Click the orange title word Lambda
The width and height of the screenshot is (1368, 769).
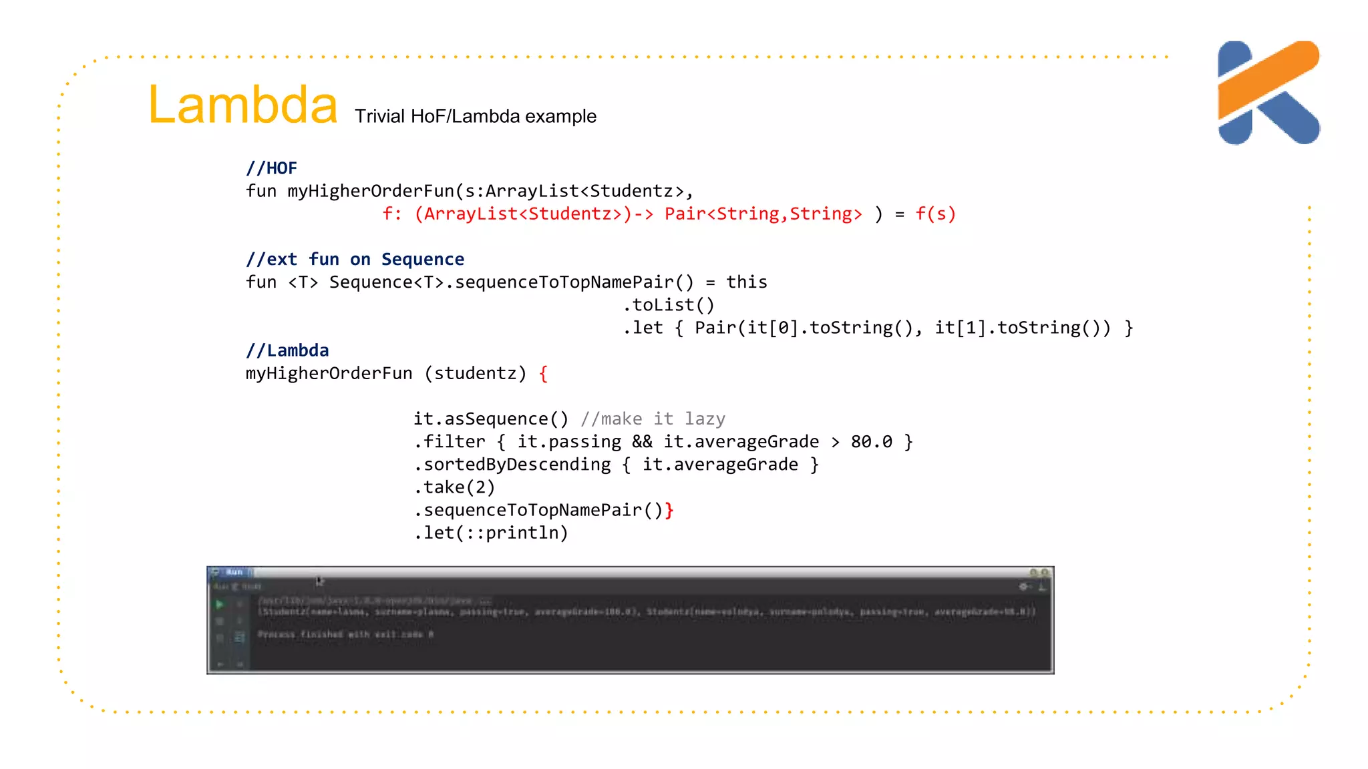[x=242, y=105]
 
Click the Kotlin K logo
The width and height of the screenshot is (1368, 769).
[x=1268, y=92]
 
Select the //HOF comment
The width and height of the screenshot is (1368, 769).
[x=271, y=168]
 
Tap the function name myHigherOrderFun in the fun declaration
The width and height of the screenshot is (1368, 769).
[x=371, y=191]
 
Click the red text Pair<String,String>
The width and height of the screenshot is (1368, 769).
[x=763, y=214]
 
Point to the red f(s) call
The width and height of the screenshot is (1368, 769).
[x=935, y=214]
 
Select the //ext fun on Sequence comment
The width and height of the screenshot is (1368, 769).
[x=355, y=259]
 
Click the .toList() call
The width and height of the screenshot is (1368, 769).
[x=669, y=305]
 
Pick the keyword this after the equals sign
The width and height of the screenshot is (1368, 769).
[x=746, y=282]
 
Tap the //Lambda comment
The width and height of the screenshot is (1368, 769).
[x=287, y=350]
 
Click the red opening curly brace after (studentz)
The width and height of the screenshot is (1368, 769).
[x=543, y=373]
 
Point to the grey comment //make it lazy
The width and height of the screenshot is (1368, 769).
[x=653, y=419]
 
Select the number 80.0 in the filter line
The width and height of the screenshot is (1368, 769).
[x=871, y=441]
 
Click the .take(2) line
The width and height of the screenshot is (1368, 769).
[x=454, y=487]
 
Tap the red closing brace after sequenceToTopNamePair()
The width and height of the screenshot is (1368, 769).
[x=669, y=510]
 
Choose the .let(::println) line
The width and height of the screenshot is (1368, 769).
[x=491, y=533]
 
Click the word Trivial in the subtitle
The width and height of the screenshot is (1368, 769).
[x=379, y=116]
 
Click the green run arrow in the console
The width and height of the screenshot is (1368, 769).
[x=219, y=604]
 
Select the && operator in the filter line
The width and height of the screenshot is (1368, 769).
[x=642, y=441]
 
